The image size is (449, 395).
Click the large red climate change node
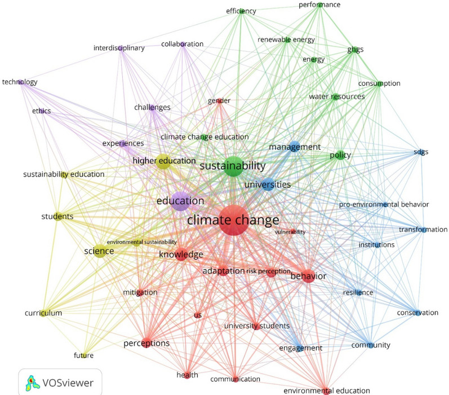pos(233,221)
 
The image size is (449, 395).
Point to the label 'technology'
pos(20,82)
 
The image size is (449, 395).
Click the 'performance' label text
pos(319,5)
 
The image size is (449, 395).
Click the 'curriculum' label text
pos(43,313)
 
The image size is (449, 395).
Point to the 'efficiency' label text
pos(241,11)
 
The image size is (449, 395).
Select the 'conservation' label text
pos(417,313)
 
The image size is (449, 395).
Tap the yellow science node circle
pos(101,251)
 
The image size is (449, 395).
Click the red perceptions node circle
pos(146,343)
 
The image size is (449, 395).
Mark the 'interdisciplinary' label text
pos(119,48)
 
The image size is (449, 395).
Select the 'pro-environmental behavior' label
pos(384,204)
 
